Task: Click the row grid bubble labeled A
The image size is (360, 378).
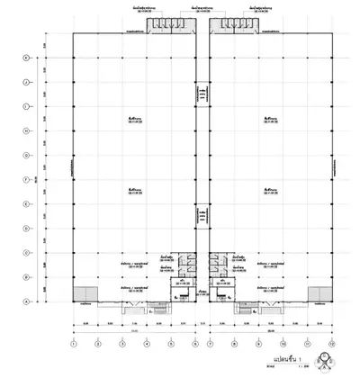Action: [x=26, y=301]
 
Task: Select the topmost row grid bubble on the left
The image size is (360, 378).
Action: [x=26, y=58]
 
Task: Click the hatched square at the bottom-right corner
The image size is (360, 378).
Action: [x=319, y=294]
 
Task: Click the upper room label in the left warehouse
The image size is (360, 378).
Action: [x=135, y=120]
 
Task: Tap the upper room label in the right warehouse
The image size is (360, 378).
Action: [x=268, y=120]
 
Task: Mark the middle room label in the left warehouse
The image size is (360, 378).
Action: [x=135, y=190]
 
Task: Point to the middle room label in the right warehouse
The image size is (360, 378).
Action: [x=268, y=190]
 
